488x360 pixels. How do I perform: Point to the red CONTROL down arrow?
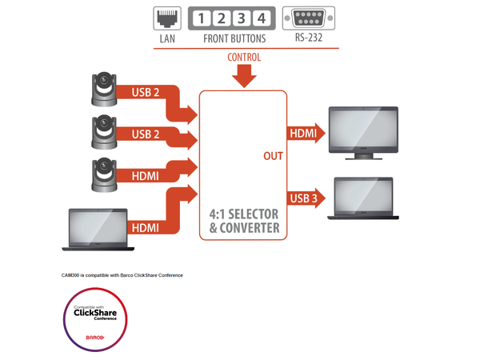click(x=244, y=76)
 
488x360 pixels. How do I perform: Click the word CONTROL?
click(x=244, y=58)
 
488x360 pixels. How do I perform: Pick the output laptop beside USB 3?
click(x=364, y=198)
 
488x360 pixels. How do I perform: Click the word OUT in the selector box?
click(x=274, y=155)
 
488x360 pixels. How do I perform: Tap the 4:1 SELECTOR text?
click(x=243, y=214)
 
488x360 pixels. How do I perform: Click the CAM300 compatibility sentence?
click(x=122, y=275)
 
